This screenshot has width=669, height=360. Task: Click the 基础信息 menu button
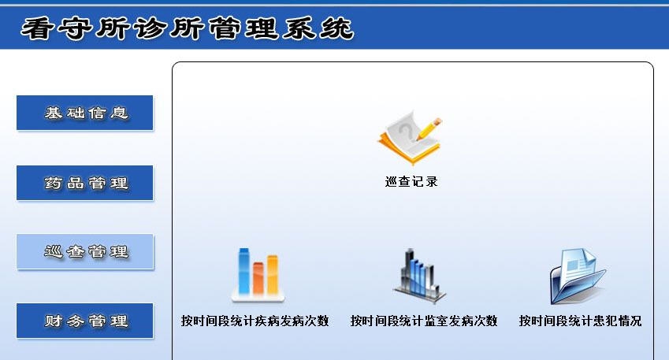85,113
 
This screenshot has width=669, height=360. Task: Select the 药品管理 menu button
85,184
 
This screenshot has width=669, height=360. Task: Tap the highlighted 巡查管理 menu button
85,252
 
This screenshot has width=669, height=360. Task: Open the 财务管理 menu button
85,321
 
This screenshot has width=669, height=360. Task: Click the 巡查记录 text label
411,181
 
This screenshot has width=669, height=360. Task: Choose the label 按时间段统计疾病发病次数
255,321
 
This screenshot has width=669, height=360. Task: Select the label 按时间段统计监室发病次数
424,321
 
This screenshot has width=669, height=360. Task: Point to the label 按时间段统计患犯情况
580,321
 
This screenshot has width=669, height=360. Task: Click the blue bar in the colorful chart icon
244,273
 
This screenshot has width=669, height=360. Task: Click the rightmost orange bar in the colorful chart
273,275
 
